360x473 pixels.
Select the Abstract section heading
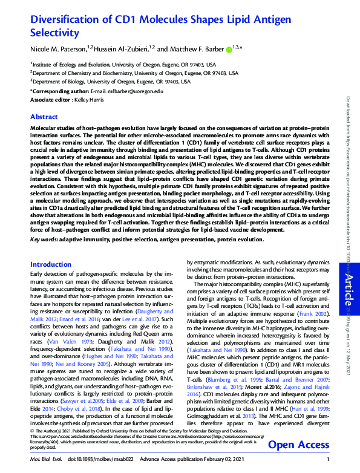pyautogui.click(x=44, y=117)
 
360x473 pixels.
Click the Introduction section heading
pyautogui.click(x=51, y=264)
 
